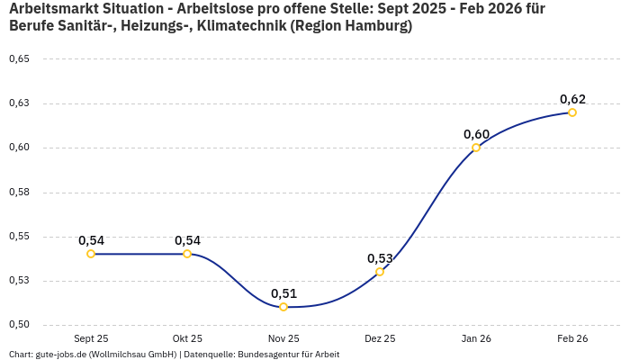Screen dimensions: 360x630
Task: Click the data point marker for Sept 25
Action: pos(91,254)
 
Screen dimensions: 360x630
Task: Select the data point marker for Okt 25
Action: pos(187,254)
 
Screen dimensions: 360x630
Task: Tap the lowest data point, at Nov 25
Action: pos(283,307)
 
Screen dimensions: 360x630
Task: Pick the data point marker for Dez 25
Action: pos(380,272)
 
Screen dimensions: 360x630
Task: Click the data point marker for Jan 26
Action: pos(476,148)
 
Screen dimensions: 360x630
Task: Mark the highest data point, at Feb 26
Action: pos(572,112)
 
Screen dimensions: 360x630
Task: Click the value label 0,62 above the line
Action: pos(572,99)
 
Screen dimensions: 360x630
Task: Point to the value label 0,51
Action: pos(283,293)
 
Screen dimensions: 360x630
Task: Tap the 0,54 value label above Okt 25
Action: pos(187,240)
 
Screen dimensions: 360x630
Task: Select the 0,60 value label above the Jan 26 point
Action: pos(476,134)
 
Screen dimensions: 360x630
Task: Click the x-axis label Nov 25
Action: pos(283,339)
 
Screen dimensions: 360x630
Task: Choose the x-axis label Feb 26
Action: pos(572,339)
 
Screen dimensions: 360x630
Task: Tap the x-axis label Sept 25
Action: pos(91,339)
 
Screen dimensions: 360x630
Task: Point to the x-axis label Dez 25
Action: pos(380,339)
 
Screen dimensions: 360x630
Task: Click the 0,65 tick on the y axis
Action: pos(19,59)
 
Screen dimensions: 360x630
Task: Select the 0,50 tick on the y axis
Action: pos(19,325)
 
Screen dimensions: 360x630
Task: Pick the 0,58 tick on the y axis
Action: pos(19,192)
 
